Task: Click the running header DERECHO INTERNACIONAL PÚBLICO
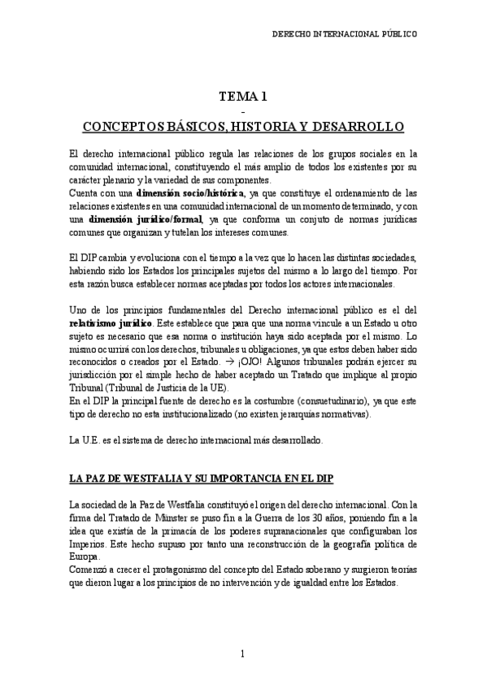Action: (x=343, y=35)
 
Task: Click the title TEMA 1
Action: (x=243, y=97)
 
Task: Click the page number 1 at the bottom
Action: (x=242, y=654)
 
